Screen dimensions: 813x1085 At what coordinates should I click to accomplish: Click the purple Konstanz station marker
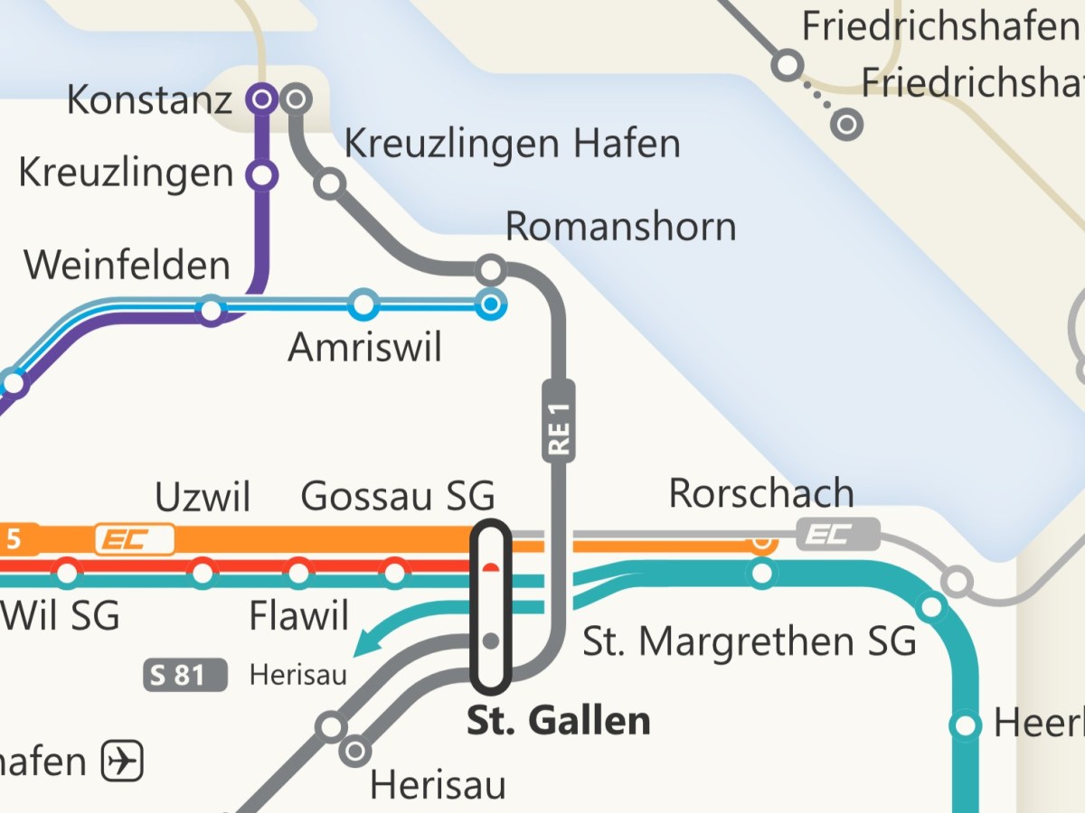pyautogui.click(x=262, y=98)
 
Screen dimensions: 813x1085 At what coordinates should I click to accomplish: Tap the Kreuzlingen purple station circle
pyautogui.click(x=262, y=174)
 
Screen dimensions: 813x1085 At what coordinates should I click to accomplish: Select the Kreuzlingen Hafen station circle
pyautogui.click(x=330, y=183)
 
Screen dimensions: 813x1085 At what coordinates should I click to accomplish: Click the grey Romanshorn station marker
pyautogui.click(x=490, y=269)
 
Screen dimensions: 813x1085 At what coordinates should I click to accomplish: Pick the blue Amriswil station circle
pyautogui.click(x=363, y=304)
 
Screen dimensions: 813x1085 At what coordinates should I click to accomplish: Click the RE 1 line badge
pyautogui.click(x=559, y=421)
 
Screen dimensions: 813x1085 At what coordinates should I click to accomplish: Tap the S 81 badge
pyautogui.click(x=185, y=675)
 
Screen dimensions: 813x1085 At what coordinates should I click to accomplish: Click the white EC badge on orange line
pyautogui.click(x=135, y=540)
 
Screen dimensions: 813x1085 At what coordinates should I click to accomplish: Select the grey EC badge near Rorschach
pyautogui.click(x=837, y=534)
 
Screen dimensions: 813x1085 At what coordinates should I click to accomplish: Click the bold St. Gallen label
pyautogui.click(x=558, y=721)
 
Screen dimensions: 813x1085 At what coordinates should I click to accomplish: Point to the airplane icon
pyautogui.click(x=122, y=761)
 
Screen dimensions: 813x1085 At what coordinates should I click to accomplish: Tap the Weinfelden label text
pyautogui.click(x=127, y=266)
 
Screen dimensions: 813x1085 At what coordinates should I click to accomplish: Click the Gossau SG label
pyautogui.click(x=398, y=497)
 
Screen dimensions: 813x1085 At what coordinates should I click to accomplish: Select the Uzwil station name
pyautogui.click(x=203, y=497)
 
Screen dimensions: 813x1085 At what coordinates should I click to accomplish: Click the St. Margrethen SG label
pyautogui.click(x=749, y=641)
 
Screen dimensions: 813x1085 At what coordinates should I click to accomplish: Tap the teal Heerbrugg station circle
pyautogui.click(x=966, y=724)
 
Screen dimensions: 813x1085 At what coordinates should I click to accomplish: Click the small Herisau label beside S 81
pyautogui.click(x=297, y=676)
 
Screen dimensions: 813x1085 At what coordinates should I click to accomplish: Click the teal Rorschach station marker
pyautogui.click(x=762, y=573)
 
